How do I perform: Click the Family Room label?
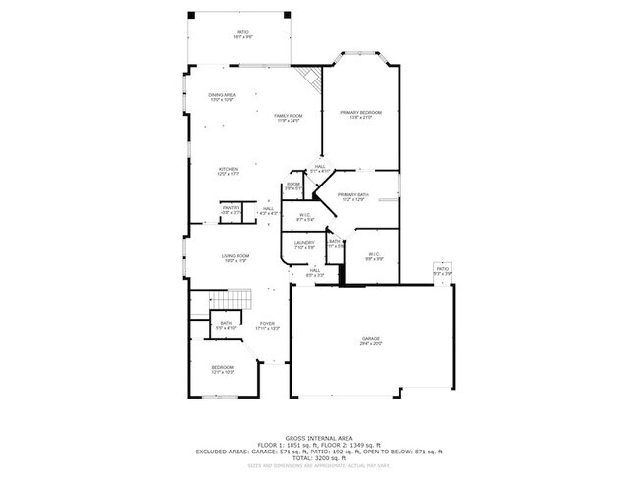pyautogui.click(x=288, y=117)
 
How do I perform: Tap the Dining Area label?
pyautogui.click(x=221, y=95)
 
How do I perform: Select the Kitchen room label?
pyautogui.click(x=228, y=169)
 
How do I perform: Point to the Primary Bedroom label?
pyautogui.click(x=360, y=113)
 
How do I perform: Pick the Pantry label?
pyautogui.click(x=231, y=208)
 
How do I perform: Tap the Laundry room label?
pyautogui.click(x=303, y=242)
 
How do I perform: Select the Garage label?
pyautogui.click(x=369, y=340)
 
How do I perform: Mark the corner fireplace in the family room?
pyautogui.click(x=311, y=78)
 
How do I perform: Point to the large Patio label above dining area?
pyautogui.click(x=242, y=33)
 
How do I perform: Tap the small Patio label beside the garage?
pyautogui.click(x=442, y=268)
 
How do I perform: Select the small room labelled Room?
pyautogui.click(x=292, y=185)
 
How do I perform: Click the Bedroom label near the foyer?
pyautogui.click(x=223, y=368)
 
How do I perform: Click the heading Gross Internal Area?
pyautogui.click(x=318, y=438)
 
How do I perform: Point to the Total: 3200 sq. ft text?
pyautogui.click(x=318, y=458)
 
